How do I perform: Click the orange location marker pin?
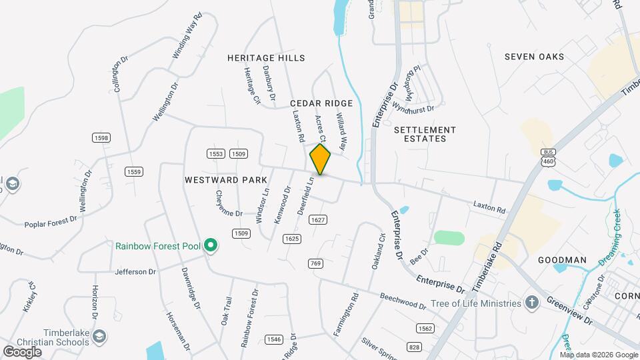tap(320, 159)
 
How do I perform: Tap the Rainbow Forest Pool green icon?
tap(211, 246)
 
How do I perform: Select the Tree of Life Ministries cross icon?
tap(531, 303)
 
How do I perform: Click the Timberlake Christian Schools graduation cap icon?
tap(99, 335)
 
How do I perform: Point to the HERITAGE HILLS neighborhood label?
tap(266, 59)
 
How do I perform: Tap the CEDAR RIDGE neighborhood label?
tap(321, 103)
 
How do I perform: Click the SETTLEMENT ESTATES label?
tap(425, 134)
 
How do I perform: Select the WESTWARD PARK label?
tap(226, 180)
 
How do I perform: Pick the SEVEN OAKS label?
tap(534, 57)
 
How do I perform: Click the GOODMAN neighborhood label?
tap(562, 260)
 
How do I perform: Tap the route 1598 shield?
tap(101, 137)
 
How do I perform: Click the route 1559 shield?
tap(134, 172)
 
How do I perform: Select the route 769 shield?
tap(316, 263)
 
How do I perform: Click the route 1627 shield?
tap(318, 219)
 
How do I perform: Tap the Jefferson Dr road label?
tap(135, 272)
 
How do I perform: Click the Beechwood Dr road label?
tap(403, 301)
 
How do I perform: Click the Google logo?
tap(22, 351)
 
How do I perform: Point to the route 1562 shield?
tap(425, 328)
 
